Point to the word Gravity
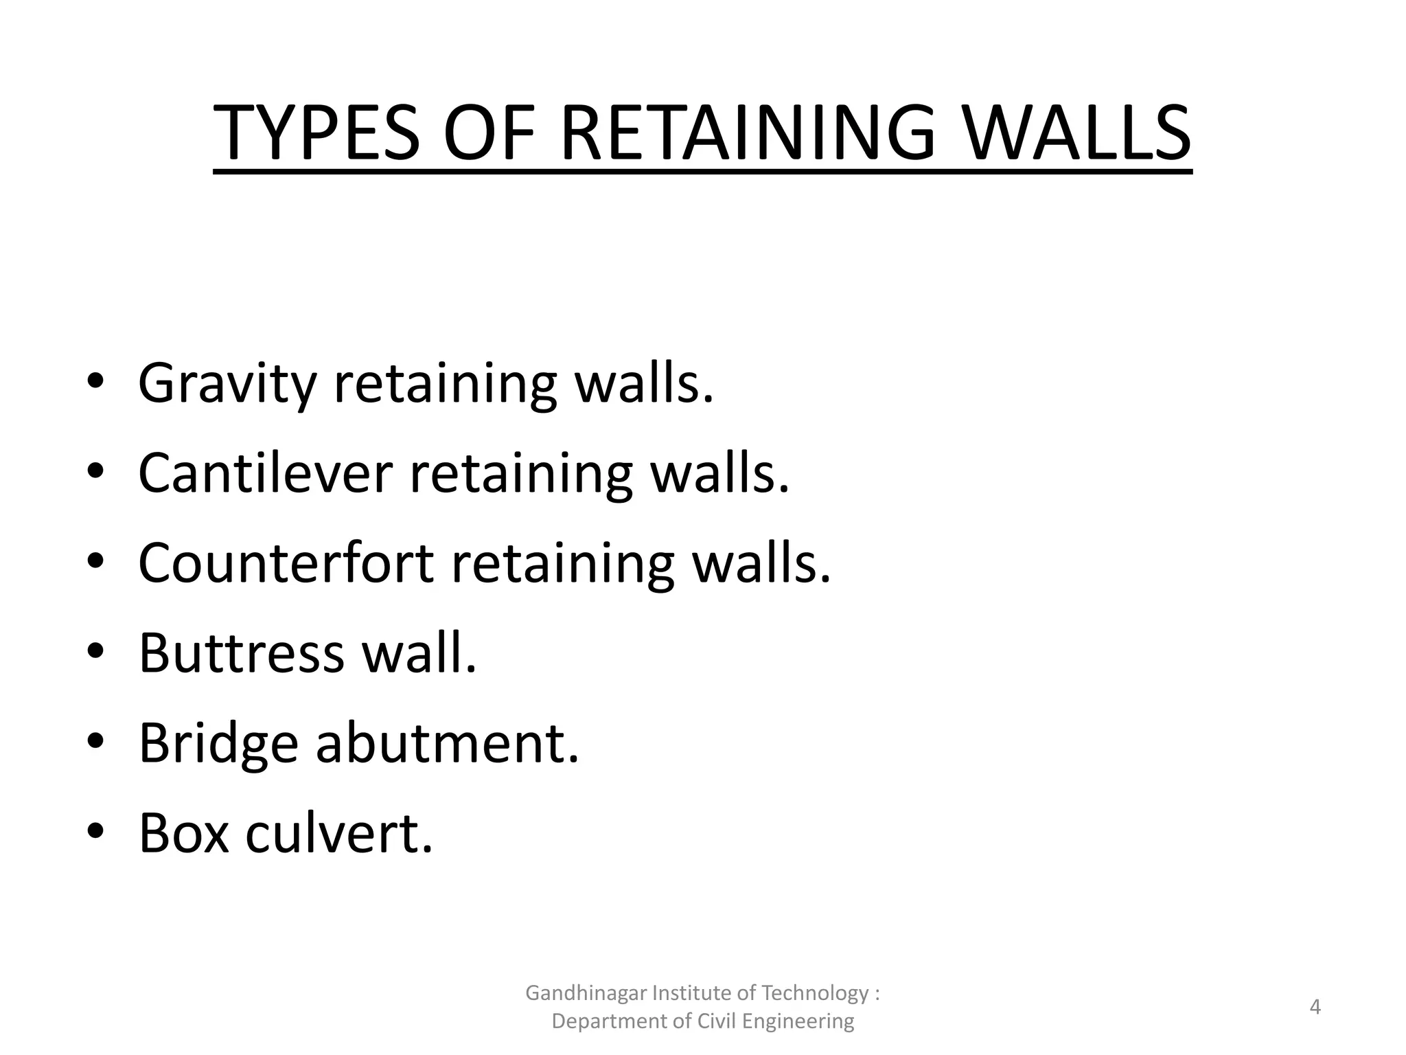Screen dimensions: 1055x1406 [227, 384]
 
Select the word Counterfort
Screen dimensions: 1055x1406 [286, 563]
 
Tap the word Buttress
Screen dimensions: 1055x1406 [241, 653]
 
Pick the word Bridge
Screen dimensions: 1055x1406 [218, 744]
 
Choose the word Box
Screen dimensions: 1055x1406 [183, 833]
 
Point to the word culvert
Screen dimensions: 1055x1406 [339, 833]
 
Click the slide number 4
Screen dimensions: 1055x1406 [1315, 1007]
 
